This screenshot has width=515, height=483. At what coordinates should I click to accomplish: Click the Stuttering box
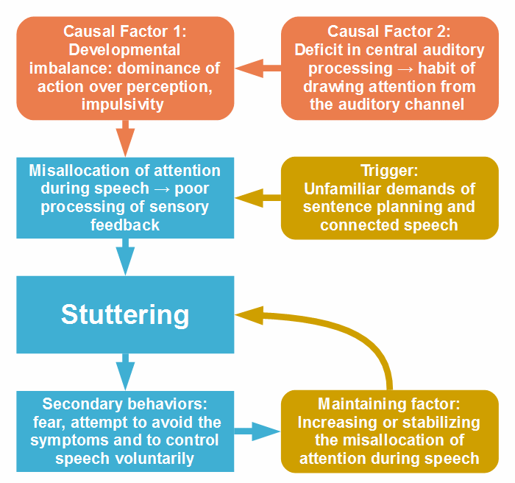coord(125,314)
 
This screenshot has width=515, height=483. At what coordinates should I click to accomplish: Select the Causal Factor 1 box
coord(125,68)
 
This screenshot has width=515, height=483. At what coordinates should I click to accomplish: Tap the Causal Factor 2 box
coord(389,68)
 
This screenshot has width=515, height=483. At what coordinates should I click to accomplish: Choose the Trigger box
coord(389,197)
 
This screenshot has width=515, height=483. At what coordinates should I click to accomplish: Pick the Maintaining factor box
coord(389,431)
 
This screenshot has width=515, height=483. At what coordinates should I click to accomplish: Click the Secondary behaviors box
coord(125,431)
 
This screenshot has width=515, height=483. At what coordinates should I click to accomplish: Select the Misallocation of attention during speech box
coord(125,197)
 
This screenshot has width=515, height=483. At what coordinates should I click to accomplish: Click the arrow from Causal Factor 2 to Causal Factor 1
coord(257,68)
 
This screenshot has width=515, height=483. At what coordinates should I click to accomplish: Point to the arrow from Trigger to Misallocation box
coord(257,197)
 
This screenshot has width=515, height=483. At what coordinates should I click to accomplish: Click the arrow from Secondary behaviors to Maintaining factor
coord(257,431)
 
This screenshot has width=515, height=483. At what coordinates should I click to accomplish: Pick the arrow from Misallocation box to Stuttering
coord(126,256)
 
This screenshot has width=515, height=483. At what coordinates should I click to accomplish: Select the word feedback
coord(125,225)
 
